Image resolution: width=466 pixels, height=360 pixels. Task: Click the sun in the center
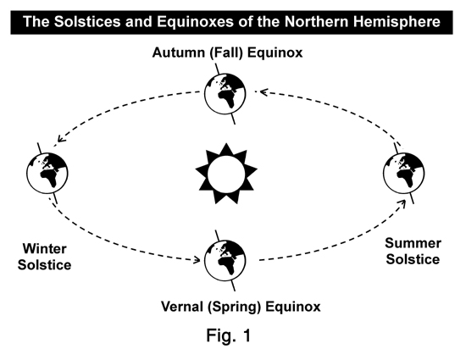[x=226, y=174]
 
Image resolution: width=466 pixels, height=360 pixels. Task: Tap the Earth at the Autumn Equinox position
[x=225, y=93]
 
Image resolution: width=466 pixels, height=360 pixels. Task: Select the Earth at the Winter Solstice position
[x=47, y=173]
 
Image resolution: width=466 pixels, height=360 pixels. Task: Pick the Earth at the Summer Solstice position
[x=403, y=173]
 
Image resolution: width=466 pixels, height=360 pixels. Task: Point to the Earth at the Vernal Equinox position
[x=225, y=261]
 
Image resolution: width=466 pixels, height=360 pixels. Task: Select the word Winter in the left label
[x=44, y=249]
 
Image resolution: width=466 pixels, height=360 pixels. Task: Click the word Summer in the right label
[x=413, y=243]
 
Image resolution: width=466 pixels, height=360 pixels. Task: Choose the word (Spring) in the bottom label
[x=234, y=307]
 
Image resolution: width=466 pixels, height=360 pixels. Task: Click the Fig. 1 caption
[x=229, y=335]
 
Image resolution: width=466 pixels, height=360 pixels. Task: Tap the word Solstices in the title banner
[x=87, y=22]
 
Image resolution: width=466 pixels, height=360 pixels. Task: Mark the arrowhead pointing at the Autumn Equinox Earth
[x=264, y=91]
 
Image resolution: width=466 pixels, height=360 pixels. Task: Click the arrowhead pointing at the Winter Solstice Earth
[x=61, y=139]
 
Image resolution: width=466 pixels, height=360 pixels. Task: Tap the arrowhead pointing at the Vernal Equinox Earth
[x=197, y=260]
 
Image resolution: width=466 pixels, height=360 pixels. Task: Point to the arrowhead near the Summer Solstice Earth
[x=402, y=203]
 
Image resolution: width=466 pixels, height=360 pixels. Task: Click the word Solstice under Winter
[x=44, y=265]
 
